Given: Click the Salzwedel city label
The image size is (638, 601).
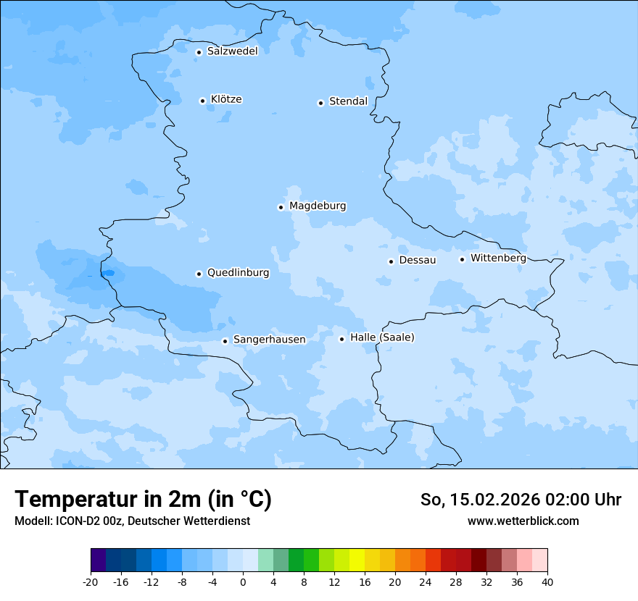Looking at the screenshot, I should click(232, 51).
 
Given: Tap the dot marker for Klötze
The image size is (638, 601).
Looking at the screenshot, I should click(202, 101).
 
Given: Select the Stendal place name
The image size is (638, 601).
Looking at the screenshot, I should click(348, 101).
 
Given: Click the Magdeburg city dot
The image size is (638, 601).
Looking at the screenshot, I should click(281, 207).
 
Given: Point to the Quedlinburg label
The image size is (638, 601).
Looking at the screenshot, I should click(238, 273).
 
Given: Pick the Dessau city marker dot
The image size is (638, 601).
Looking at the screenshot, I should click(391, 261).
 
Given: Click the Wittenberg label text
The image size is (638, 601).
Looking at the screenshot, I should click(498, 258).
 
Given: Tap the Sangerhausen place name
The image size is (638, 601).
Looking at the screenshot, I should click(269, 340).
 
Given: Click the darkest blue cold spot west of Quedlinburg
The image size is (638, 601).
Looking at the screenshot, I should click(108, 273).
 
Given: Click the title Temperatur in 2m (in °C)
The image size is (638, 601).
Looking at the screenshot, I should click(143, 499).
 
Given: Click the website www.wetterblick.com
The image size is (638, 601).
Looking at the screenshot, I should click(523, 521).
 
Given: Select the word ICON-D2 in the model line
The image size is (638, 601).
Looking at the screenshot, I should click(78, 521).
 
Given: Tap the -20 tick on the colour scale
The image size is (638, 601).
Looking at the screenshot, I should click(91, 581).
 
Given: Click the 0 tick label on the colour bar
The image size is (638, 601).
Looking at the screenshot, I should click(243, 581).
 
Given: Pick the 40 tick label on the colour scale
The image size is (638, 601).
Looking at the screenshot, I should click(547, 581).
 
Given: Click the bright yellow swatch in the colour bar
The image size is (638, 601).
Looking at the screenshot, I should click(357, 560).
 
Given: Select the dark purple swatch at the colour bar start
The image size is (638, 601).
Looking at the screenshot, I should click(98, 560).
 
